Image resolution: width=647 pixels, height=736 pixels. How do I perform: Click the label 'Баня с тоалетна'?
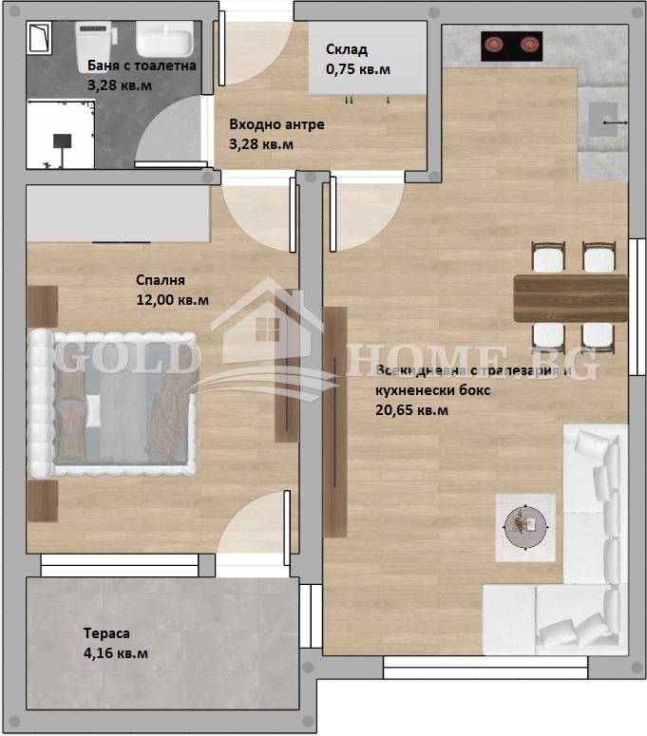(141, 66)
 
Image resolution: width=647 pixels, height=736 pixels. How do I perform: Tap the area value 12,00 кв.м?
(173, 299)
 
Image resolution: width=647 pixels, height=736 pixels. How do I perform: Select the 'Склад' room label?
(346, 50)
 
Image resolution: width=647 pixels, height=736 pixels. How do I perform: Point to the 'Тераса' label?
(105, 633)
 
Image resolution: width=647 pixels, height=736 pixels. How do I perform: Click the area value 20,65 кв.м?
(412, 410)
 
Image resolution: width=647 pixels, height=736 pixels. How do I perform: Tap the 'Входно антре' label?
(276, 124)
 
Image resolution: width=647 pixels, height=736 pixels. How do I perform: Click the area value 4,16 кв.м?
(115, 653)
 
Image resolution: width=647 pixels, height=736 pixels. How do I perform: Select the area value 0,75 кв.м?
(358, 69)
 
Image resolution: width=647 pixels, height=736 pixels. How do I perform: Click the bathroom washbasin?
(164, 41)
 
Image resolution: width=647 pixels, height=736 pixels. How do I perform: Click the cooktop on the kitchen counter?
(512, 43)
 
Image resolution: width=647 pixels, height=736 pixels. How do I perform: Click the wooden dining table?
(570, 298)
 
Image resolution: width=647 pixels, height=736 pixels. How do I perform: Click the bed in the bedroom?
(114, 403)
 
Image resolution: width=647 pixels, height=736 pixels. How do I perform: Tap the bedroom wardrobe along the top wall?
(118, 215)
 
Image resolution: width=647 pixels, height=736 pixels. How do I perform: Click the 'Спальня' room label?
(160, 280)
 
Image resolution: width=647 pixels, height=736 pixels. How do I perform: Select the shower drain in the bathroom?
(63, 141)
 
